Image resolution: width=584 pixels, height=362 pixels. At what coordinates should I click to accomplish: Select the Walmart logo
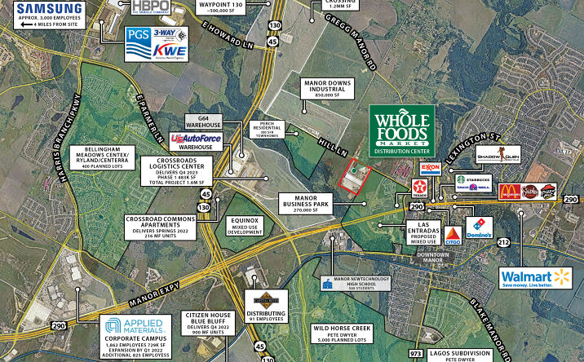[536, 278]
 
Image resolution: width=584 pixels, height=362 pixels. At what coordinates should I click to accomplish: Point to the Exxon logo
[431, 170]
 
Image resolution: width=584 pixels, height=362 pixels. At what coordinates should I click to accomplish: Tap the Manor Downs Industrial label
[318, 88]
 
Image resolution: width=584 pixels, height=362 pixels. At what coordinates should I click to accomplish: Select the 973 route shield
[416, 354]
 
